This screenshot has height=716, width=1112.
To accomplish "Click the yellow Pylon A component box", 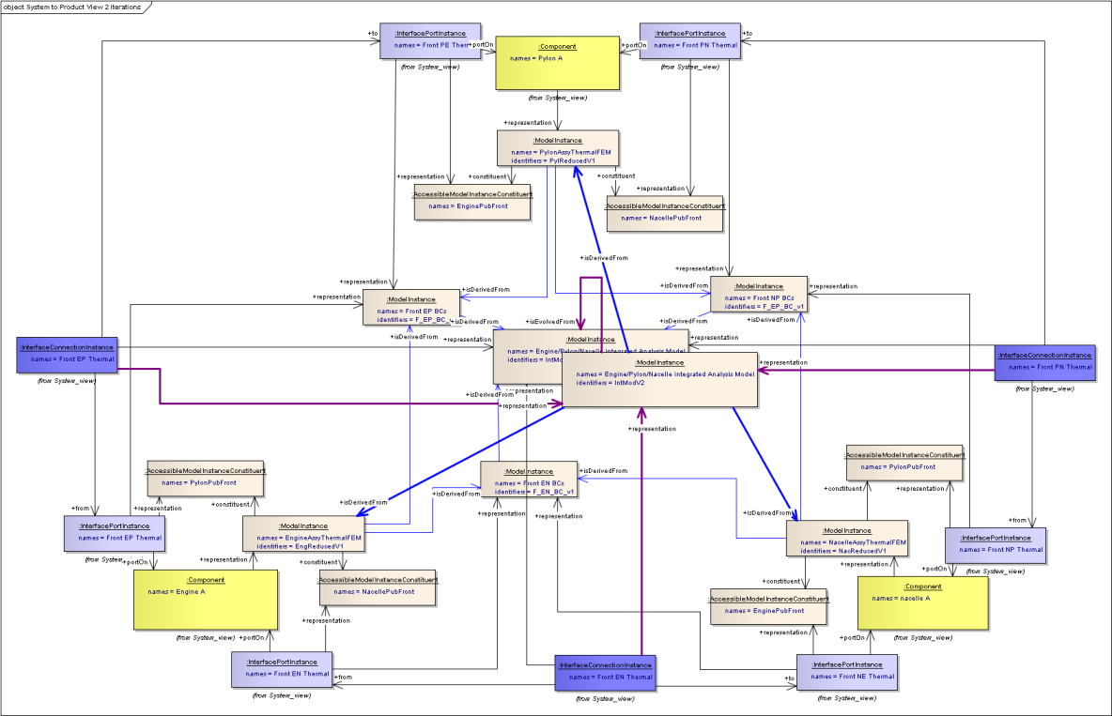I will tap(557, 63).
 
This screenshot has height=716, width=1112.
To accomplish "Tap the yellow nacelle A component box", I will tap(922, 602).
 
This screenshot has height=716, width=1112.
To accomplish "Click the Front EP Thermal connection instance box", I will tap(67, 355).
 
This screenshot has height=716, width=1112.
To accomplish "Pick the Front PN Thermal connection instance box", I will tap(1044, 361).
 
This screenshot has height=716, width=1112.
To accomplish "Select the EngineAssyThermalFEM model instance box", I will tap(302, 534).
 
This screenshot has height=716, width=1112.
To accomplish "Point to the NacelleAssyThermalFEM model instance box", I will tap(847, 539).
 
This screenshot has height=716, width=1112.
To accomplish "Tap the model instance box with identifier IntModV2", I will tap(659, 379).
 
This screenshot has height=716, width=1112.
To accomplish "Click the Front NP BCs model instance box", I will tap(759, 295).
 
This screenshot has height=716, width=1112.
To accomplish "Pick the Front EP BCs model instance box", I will tap(411, 308).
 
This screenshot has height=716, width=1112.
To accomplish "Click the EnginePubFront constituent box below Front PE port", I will tap(473, 202).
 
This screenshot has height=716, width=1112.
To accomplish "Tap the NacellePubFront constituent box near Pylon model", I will tap(665, 216).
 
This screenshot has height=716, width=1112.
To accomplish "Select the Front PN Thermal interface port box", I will tap(689, 40).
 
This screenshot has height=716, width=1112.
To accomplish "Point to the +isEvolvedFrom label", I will tap(549, 321).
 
